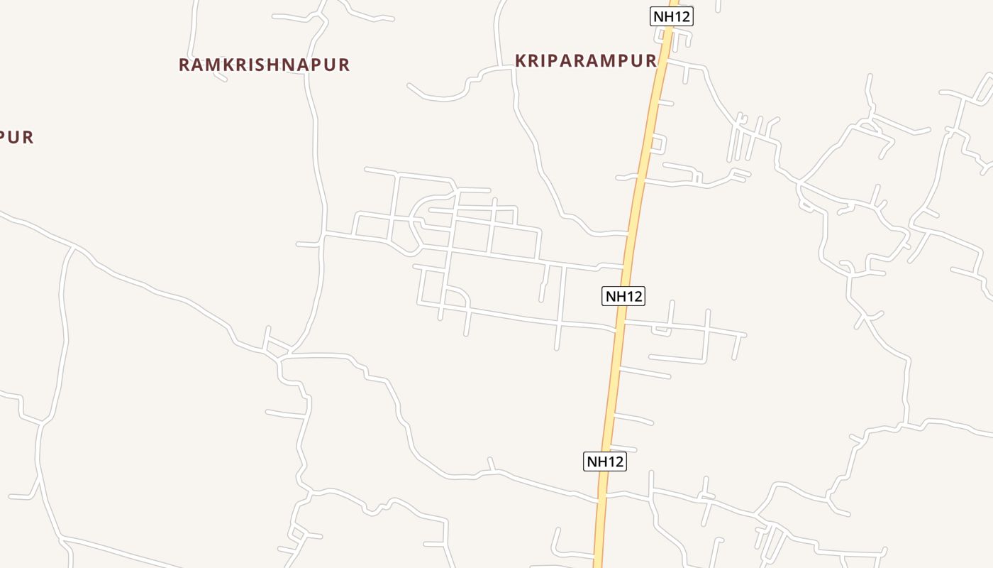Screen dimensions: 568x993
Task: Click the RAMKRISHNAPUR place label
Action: click(264, 65)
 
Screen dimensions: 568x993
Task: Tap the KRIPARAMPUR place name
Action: click(586, 60)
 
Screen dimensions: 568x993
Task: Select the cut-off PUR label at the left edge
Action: click(16, 137)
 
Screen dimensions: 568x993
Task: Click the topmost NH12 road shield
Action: click(671, 16)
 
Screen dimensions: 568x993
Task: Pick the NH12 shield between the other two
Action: click(623, 296)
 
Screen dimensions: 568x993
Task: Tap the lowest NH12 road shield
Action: click(605, 461)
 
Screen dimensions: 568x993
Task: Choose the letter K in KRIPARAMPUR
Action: click(521, 60)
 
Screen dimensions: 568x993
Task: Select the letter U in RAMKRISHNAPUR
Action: click(331, 65)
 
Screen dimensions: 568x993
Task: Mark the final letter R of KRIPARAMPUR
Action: click(650, 60)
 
